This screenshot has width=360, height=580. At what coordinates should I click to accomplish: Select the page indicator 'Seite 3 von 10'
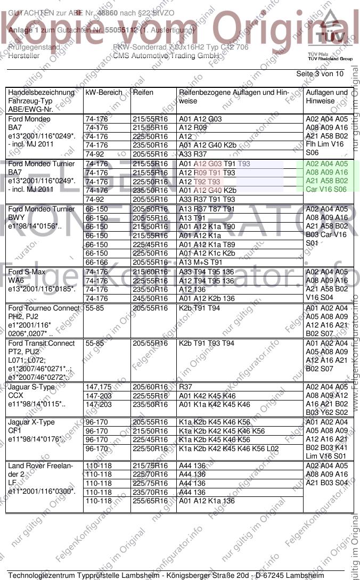click(320, 73)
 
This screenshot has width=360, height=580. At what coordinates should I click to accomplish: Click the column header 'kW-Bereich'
click(104, 93)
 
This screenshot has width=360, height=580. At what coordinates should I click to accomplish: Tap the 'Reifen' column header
click(143, 93)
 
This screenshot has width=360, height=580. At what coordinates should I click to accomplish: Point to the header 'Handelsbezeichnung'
click(41, 93)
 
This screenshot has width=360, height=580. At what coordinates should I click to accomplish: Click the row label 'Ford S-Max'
click(27, 272)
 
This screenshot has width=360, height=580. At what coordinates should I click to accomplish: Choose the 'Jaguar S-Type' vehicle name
click(31, 387)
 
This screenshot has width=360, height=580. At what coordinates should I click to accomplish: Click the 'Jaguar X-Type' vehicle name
click(31, 422)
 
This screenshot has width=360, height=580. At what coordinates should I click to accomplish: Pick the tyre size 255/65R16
click(150, 501)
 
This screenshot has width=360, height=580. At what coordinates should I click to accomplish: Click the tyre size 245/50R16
click(150, 298)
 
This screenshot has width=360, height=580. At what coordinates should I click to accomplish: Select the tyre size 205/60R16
click(150, 387)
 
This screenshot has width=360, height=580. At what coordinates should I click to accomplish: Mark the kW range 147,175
click(99, 387)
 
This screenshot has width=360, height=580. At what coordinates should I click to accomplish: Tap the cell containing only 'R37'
click(186, 387)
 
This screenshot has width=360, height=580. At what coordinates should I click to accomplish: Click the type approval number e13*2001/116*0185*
click(42, 290)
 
